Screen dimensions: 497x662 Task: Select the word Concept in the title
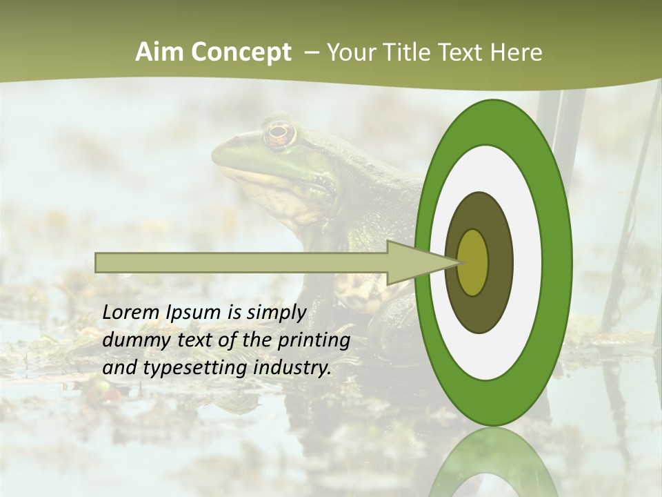coord(241,53)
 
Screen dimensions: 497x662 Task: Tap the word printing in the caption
coord(313,340)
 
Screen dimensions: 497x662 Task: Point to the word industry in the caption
coord(292,368)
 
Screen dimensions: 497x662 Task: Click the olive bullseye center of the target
coord(473,262)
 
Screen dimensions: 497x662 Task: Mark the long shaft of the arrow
coord(241,262)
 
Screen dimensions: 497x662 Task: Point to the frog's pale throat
coord(276,193)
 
